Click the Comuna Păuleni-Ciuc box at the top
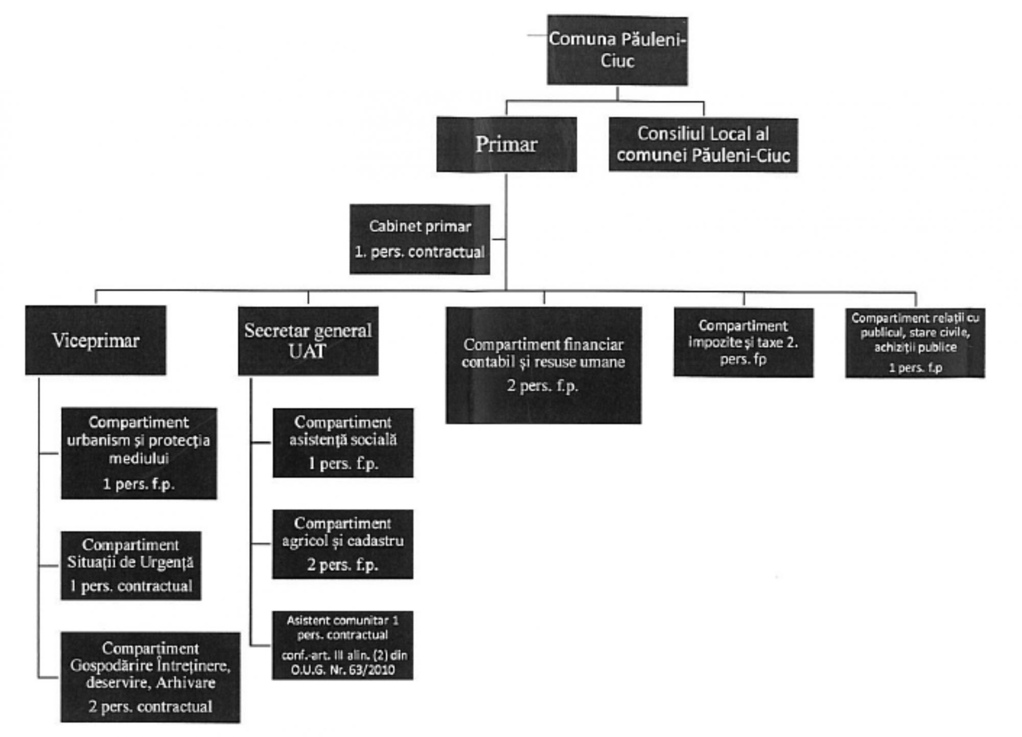(x=617, y=50)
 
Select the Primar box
(x=506, y=145)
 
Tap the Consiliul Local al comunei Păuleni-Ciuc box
(x=703, y=145)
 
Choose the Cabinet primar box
(x=420, y=239)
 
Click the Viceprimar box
(x=96, y=341)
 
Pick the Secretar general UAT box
(x=308, y=341)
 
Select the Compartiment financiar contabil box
(x=543, y=365)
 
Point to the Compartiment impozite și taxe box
(x=744, y=342)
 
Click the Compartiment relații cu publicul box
(x=915, y=343)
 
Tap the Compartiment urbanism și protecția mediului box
(x=139, y=453)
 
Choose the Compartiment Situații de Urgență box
(x=131, y=566)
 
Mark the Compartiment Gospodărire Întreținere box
(x=150, y=677)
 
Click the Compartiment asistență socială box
(x=343, y=443)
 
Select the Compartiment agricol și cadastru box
(x=343, y=544)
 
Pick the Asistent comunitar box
(x=342, y=645)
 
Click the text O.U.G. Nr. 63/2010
(x=342, y=670)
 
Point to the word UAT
(x=307, y=351)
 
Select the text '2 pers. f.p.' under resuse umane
(x=543, y=385)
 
